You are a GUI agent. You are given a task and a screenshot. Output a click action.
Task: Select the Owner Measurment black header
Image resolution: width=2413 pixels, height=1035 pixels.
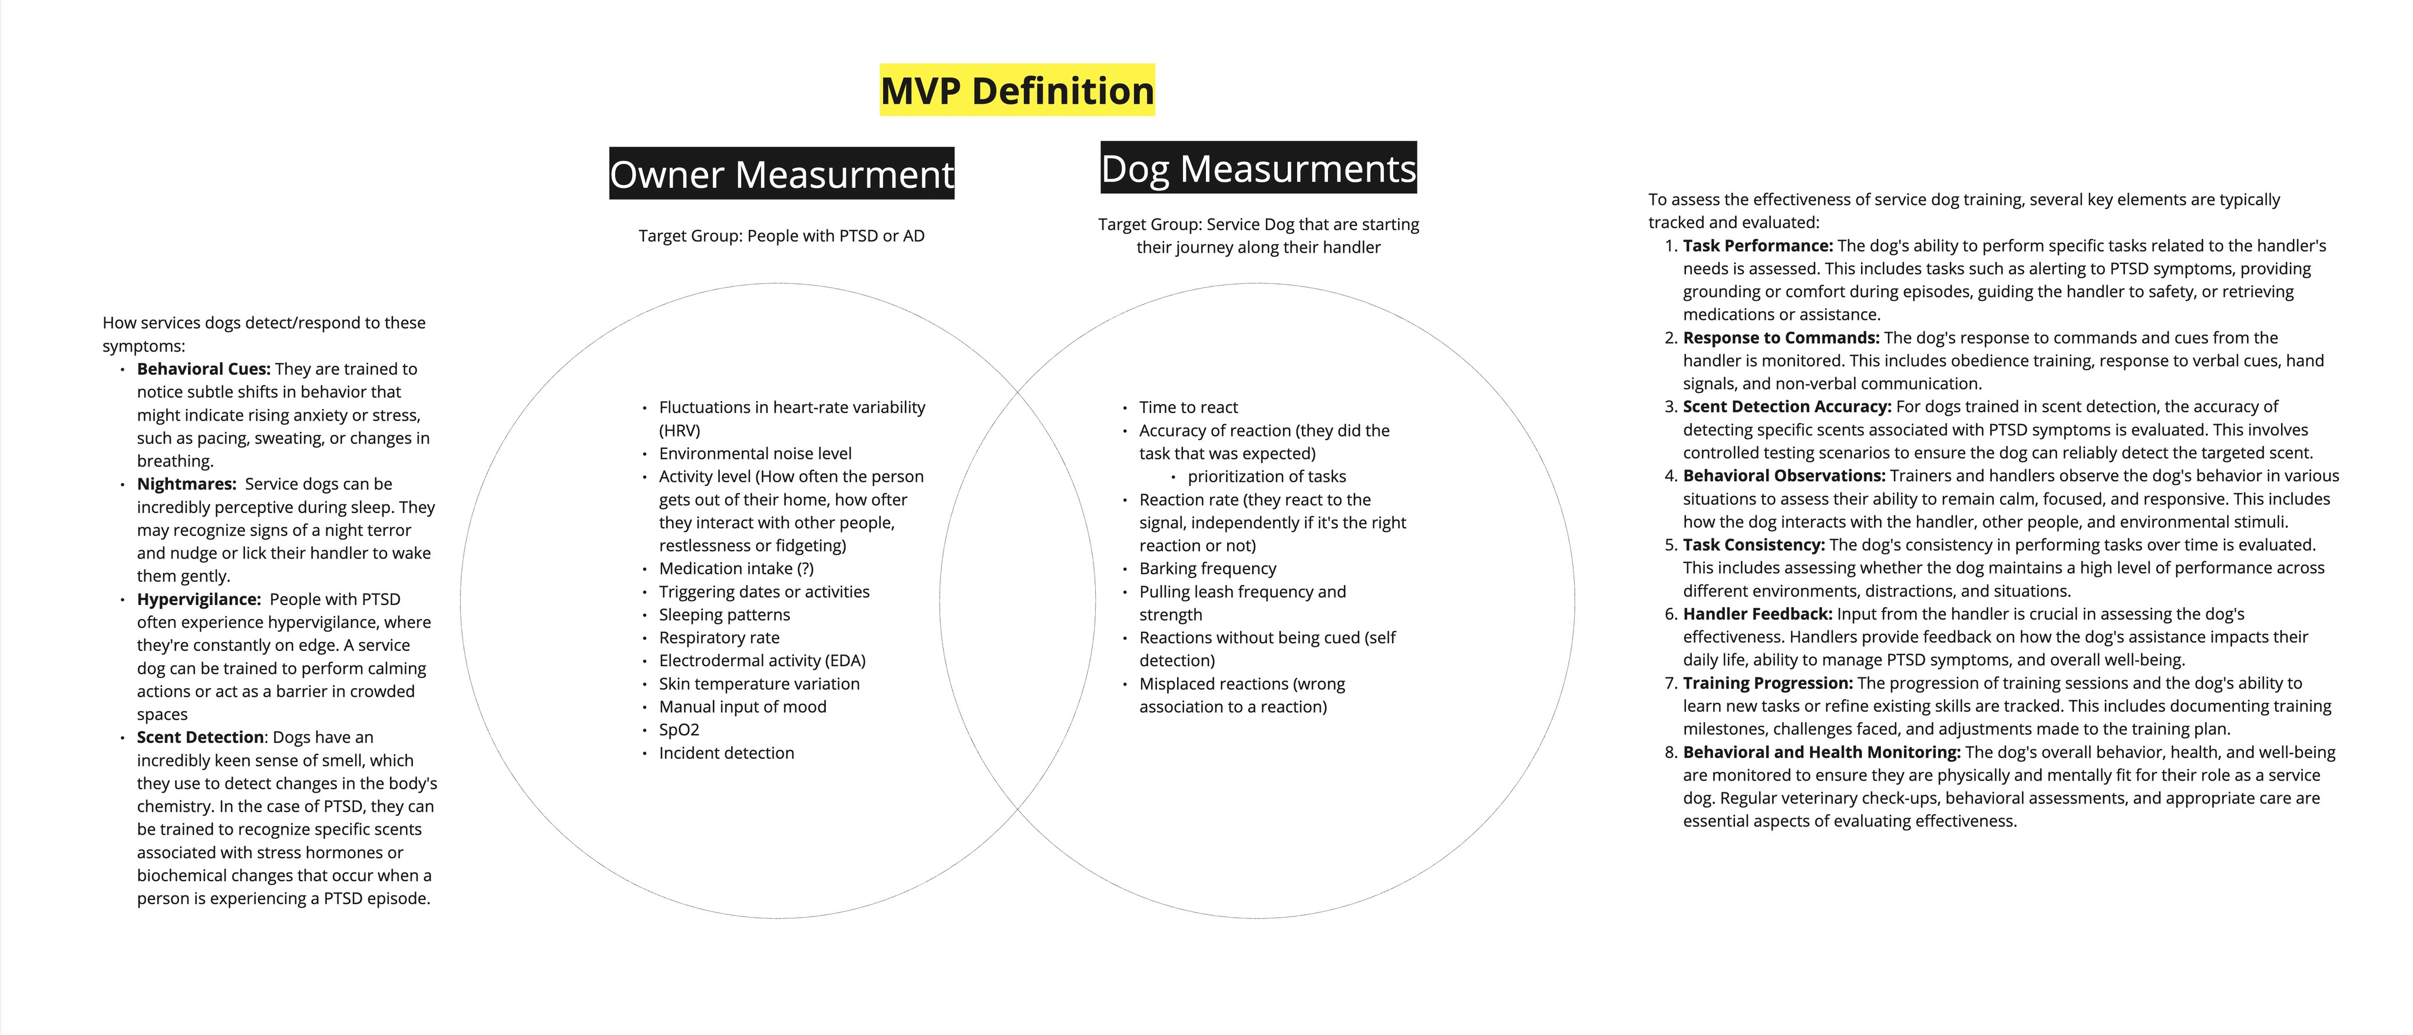(x=781, y=174)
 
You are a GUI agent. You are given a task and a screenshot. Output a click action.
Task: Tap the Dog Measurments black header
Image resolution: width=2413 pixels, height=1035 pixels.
(x=1258, y=168)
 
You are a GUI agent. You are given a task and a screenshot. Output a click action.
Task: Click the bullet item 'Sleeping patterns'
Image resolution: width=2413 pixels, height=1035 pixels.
(x=724, y=614)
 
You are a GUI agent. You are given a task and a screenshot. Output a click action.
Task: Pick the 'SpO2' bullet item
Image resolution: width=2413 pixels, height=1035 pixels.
(x=679, y=730)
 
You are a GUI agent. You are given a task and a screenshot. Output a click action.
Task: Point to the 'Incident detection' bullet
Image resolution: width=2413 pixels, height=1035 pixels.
(x=726, y=753)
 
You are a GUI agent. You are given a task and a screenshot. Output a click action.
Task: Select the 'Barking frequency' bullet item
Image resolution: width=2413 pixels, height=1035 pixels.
(x=1208, y=568)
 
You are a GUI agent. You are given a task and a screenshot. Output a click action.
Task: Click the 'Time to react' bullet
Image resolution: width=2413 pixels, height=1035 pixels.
(x=1188, y=408)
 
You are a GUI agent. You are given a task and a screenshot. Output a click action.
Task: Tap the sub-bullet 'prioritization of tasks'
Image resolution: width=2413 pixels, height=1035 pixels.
(x=1267, y=477)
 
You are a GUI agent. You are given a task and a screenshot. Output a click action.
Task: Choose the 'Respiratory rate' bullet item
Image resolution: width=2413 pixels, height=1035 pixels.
(x=719, y=638)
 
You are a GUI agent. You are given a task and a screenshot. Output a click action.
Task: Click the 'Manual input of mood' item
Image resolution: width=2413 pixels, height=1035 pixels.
(x=742, y=707)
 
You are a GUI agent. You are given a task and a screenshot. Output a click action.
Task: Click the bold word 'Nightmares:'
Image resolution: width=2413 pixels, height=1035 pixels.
(x=186, y=484)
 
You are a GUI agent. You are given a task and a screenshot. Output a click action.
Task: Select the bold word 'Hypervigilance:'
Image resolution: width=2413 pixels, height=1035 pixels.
(x=199, y=600)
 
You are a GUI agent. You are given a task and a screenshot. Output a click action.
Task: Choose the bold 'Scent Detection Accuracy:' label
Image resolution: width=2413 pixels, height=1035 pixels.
(x=1786, y=406)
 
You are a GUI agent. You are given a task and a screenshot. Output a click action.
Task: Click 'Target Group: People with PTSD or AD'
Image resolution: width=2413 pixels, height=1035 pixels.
(x=781, y=236)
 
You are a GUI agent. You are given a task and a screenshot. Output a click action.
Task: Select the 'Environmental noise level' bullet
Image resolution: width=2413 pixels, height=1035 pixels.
(x=755, y=454)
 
